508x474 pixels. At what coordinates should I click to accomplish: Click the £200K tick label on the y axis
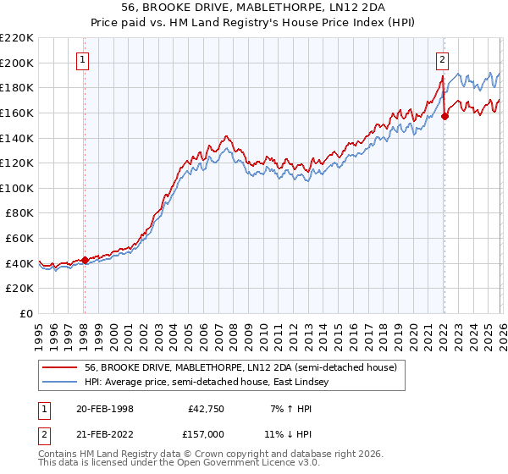(17, 63)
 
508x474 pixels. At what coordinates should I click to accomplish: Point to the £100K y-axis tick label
(17, 188)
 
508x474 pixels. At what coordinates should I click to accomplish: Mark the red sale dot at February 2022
(444, 117)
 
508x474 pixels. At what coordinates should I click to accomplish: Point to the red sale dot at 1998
(85, 260)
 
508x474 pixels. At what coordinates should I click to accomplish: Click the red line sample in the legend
(59, 367)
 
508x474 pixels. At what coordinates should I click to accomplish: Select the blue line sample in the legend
(59, 383)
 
